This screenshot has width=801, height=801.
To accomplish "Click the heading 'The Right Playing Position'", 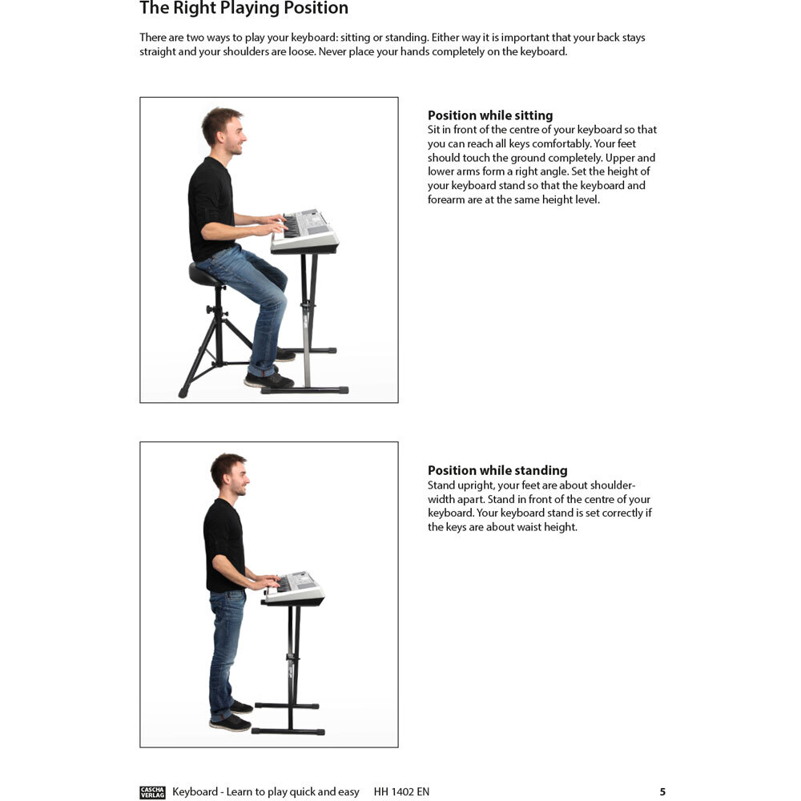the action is (244, 8).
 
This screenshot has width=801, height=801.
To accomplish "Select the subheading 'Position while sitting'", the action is (490, 115).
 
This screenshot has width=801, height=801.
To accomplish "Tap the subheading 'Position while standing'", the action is (497, 470).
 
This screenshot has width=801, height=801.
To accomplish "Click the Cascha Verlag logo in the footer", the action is (152, 792).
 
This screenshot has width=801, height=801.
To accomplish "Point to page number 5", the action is (662, 792).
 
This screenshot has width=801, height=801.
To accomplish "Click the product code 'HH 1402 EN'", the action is (401, 792).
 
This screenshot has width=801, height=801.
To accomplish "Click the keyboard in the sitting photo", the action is (305, 232).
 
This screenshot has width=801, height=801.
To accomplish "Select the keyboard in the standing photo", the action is (294, 588).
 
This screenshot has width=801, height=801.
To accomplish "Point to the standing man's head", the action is (230, 473).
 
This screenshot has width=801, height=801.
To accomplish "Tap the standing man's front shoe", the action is (231, 723).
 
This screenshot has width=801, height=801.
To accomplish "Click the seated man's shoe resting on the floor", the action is (268, 380).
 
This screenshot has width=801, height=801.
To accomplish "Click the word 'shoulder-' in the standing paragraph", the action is (613, 485).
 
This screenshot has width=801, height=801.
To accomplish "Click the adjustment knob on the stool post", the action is (210, 309).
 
